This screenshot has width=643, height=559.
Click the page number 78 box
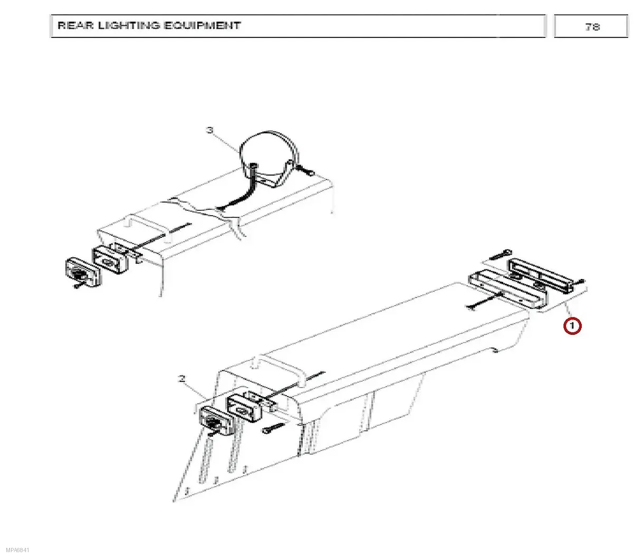[591, 26]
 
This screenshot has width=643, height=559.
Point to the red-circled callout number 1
[572, 326]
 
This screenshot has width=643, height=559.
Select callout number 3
[210, 130]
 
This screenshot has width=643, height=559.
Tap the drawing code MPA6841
[17, 550]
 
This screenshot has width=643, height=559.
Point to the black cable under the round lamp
[239, 191]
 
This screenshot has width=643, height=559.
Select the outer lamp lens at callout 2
[216, 421]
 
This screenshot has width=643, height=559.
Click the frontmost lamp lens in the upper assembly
[81, 273]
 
